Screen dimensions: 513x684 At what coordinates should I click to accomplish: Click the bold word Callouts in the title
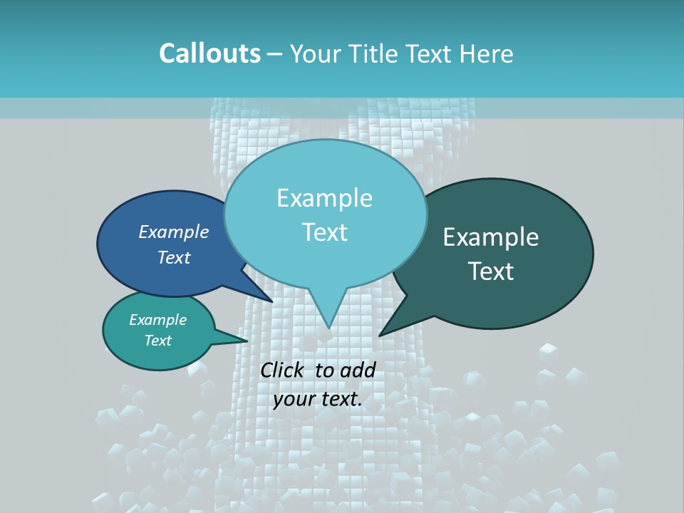tap(209, 53)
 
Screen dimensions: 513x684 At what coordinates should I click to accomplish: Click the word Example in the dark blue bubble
tap(174, 232)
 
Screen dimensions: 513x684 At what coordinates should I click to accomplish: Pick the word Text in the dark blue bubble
tap(174, 257)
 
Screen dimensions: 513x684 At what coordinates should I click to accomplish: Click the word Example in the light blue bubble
tap(325, 198)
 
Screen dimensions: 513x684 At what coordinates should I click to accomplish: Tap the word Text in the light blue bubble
tap(325, 232)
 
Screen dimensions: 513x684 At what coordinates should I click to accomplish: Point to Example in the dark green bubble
tap(491, 237)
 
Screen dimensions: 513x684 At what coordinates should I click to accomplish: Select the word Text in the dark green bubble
tap(491, 271)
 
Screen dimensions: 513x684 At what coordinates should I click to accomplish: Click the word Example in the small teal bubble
tap(158, 320)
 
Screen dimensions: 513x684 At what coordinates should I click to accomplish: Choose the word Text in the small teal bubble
tap(158, 341)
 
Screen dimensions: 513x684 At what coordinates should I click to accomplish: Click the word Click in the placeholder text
tap(283, 370)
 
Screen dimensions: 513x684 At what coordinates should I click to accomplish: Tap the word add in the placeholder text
tap(358, 370)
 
